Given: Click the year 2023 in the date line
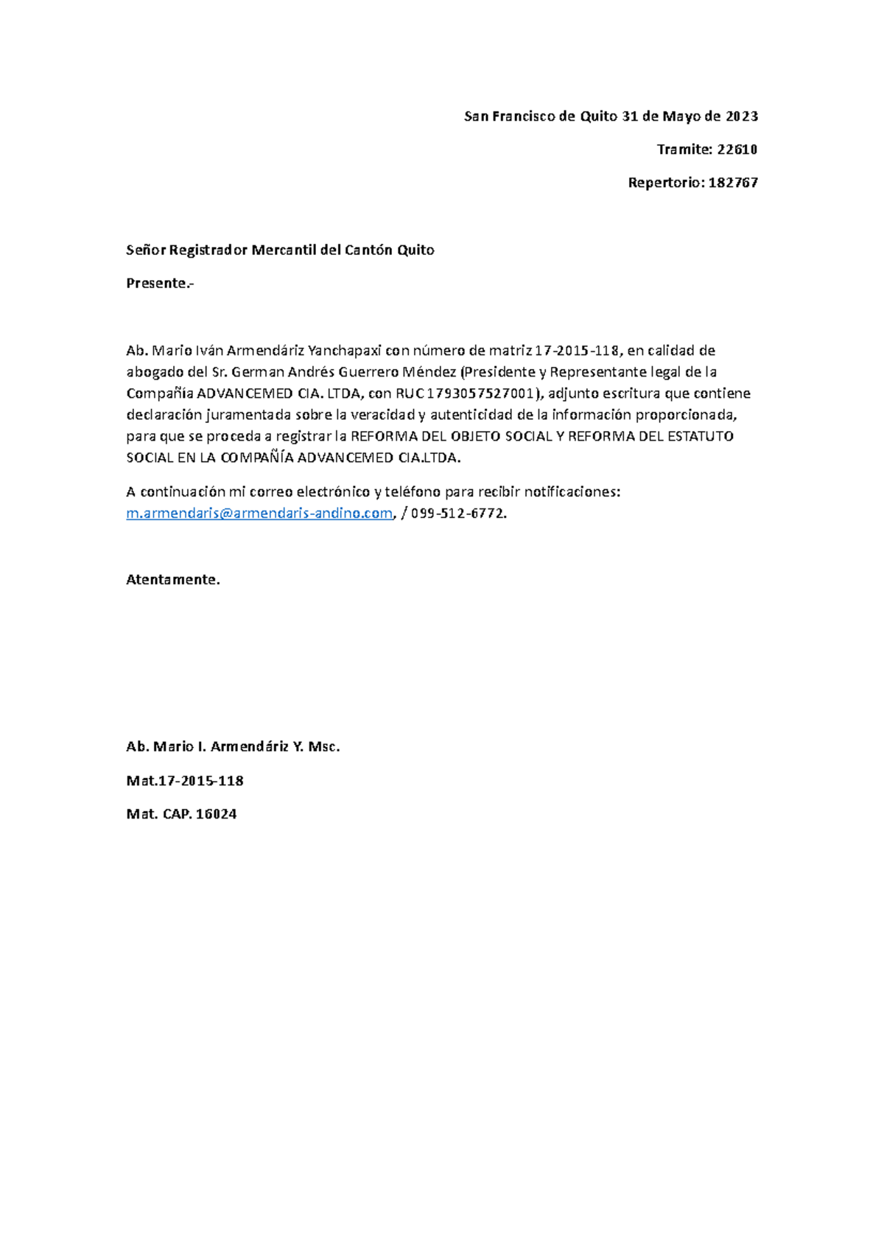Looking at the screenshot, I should pos(742,116).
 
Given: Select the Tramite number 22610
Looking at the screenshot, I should pos(737,150).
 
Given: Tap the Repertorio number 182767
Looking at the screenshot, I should pos(733,183).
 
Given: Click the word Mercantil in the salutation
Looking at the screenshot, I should pos(284,250).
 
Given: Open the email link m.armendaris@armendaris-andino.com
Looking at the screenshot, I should pos(259,514).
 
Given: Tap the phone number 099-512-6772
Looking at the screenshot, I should pos(459,514).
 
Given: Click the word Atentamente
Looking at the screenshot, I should pos(173,580).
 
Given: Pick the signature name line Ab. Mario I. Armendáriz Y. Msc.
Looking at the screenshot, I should pos(233,746).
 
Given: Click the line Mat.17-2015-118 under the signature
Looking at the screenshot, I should pos(185,780).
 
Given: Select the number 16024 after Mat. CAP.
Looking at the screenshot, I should pos(216,814).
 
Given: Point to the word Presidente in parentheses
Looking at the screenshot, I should pos(499,371).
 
